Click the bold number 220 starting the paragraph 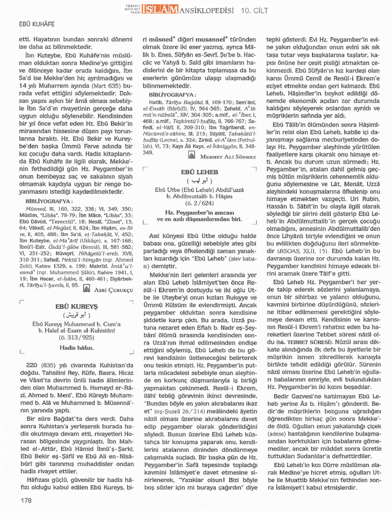(x=32, y=365)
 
